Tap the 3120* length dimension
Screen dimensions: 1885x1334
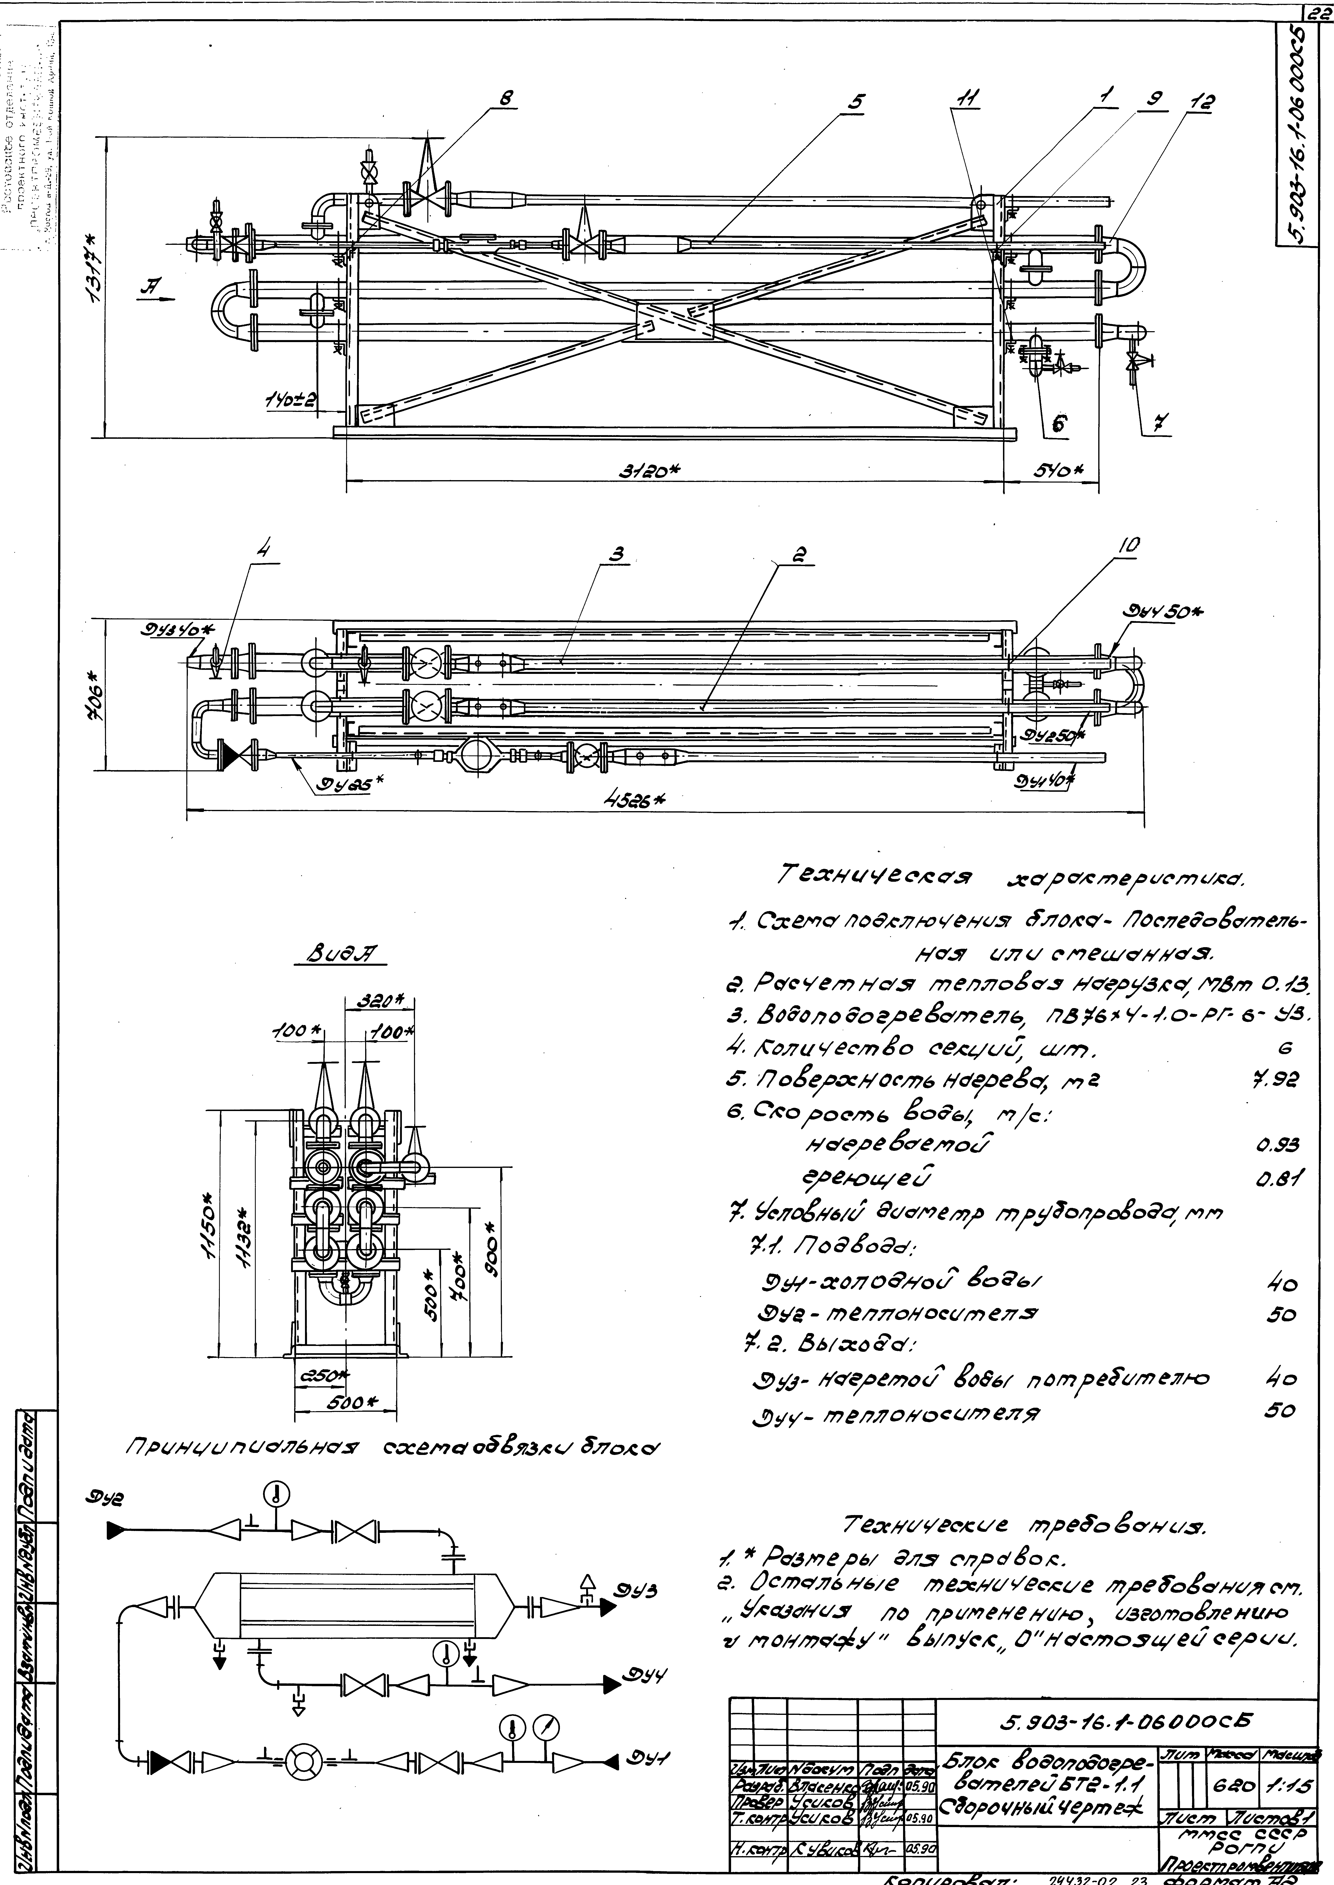coord(653,469)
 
